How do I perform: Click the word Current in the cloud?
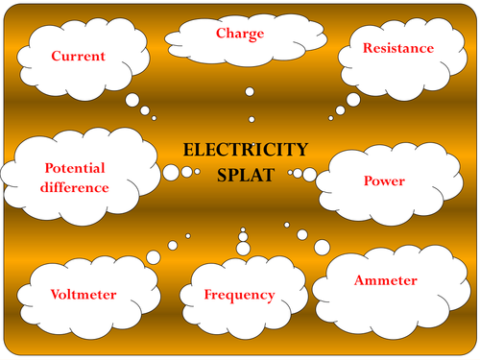click(x=80, y=56)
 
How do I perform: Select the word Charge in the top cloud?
click(x=239, y=34)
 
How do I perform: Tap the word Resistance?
click(x=397, y=47)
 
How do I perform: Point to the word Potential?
click(x=74, y=168)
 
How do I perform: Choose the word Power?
click(x=383, y=180)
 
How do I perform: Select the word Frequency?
click(x=240, y=295)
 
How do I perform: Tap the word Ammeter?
click(x=386, y=280)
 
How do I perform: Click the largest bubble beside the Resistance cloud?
click(x=353, y=99)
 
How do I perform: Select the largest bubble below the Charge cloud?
click(x=250, y=92)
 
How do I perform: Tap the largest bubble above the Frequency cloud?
click(x=243, y=249)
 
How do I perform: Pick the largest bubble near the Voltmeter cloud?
click(x=154, y=255)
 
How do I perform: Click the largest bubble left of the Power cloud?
click(x=309, y=174)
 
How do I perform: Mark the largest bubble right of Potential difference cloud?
click(x=171, y=173)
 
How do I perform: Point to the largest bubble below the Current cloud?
click(x=132, y=100)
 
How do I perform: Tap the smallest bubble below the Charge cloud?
click(x=252, y=120)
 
